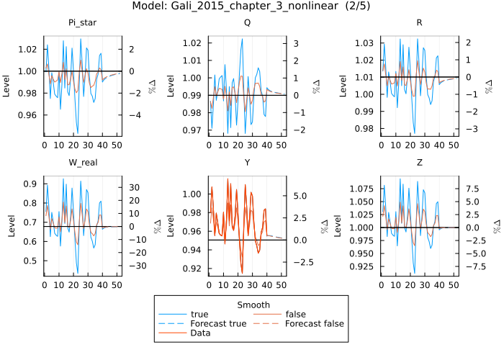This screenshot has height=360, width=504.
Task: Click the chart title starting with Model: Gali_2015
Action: click(x=251, y=6)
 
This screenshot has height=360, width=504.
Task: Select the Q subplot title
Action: click(x=248, y=23)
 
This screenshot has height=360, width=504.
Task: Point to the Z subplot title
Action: click(x=419, y=162)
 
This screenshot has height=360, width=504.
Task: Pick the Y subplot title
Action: click(x=248, y=162)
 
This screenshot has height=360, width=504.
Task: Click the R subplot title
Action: click(x=419, y=23)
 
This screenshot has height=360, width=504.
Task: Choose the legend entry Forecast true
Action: click(x=218, y=323)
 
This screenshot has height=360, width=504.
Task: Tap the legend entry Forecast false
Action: click(x=314, y=323)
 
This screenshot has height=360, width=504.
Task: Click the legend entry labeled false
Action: click(x=296, y=314)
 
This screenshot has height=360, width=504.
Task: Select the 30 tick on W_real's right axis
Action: click(x=135, y=187)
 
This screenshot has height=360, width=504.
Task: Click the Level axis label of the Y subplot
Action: click(x=171, y=226)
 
